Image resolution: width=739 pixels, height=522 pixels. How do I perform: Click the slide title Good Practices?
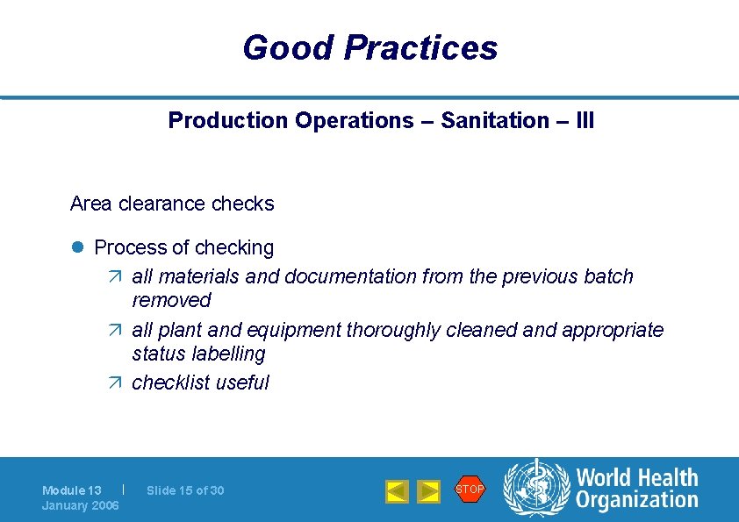(369, 47)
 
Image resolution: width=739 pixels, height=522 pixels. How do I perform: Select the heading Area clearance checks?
(172, 204)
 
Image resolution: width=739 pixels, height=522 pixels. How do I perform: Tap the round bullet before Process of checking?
(76, 248)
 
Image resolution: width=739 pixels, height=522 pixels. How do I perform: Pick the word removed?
(171, 300)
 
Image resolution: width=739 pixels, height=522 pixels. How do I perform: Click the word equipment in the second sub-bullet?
(298, 330)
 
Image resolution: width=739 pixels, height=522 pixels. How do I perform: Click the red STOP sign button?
(470, 489)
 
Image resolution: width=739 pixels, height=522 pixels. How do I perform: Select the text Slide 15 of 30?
(185, 490)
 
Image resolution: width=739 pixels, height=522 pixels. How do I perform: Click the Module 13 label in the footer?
(72, 490)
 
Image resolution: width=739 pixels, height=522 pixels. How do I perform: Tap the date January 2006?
(81, 505)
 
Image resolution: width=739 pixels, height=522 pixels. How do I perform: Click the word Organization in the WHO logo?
(636, 501)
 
